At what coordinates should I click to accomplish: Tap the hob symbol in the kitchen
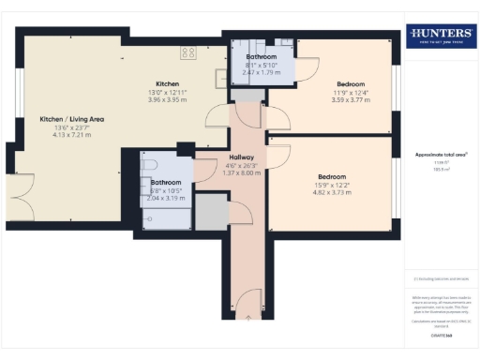pyautogui.click(x=188, y=52)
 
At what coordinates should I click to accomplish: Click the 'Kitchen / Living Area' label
pyautogui.click(x=65, y=120)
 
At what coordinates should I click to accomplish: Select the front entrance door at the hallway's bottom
pyautogui.click(x=248, y=302)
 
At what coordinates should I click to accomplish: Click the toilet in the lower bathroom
pyautogui.click(x=148, y=167)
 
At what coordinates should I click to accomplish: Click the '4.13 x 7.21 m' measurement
pyautogui.click(x=65, y=137)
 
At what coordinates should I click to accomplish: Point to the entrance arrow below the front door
pyautogui.click(x=248, y=319)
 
